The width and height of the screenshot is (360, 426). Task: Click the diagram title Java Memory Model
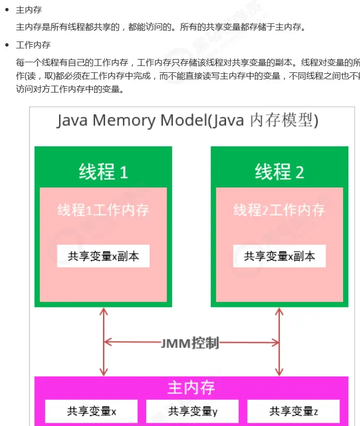point(187,121)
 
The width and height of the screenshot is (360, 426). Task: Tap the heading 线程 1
point(103,172)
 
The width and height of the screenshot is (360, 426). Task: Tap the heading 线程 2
point(279,172)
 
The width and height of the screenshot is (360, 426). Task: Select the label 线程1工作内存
point(103,210)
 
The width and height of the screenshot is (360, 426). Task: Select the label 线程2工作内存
point(279,210)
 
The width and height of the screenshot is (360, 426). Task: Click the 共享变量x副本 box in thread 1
point(103,256)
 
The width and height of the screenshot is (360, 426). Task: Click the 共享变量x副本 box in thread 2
point(279,256)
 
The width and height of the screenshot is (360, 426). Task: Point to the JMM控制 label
point(190,343)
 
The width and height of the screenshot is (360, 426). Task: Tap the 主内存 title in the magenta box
point(191,387)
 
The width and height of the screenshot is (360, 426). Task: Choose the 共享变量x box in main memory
point(91,411)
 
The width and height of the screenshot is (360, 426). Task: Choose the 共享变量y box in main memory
point(192,411)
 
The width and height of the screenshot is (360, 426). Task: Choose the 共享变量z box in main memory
point(294,411)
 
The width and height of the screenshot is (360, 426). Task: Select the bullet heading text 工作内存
point(34,45)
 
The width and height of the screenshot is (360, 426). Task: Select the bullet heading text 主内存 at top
point(29,10)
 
